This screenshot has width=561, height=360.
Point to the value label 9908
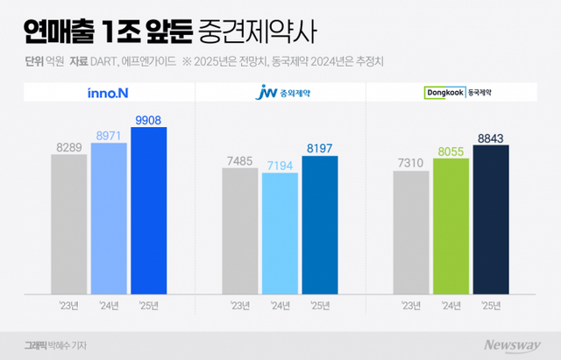148,120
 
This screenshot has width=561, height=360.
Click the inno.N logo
108,91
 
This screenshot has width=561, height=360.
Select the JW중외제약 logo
280,91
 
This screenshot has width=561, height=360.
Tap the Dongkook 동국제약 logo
451,91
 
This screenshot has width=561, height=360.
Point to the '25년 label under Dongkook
491,305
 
